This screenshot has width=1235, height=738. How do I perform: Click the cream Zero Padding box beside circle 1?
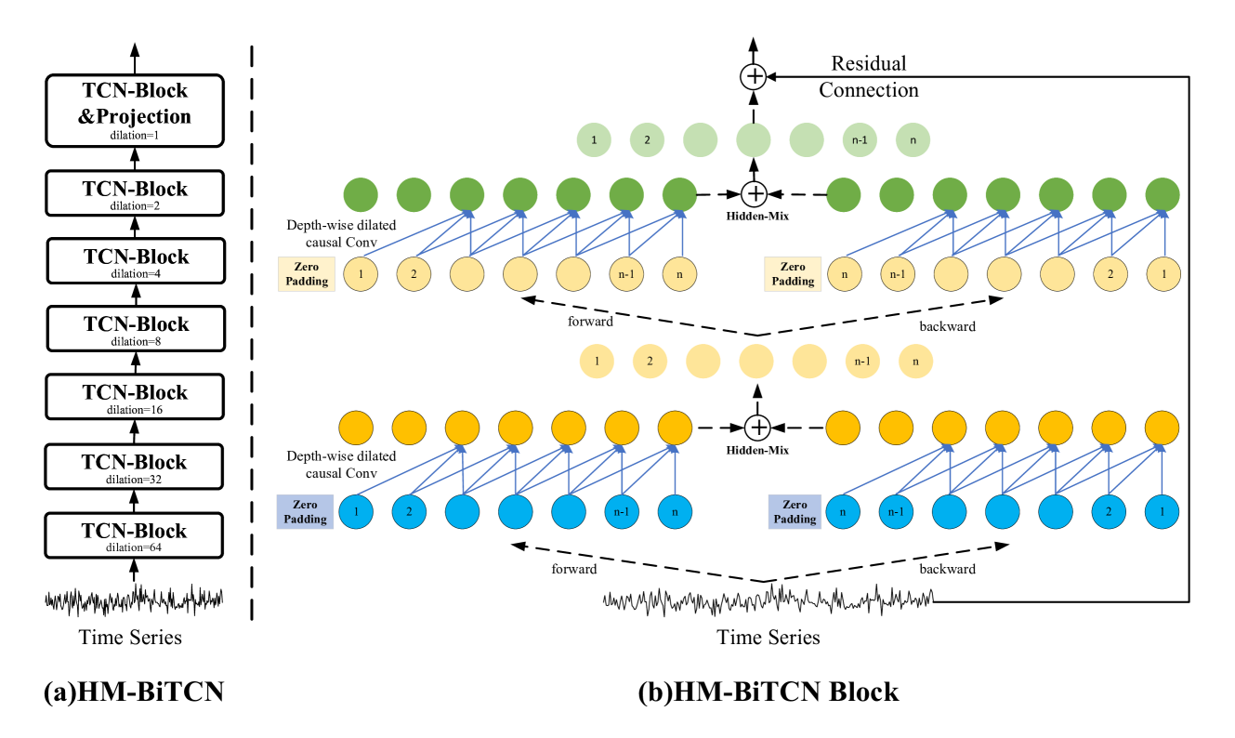pos(306,274)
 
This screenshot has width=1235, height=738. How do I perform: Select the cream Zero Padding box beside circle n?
pos(793,274)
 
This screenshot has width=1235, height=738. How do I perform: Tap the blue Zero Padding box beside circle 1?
pos(305,512)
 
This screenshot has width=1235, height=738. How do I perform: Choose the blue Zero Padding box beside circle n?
pos(795,512)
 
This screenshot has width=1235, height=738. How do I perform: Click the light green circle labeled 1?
pos(594,140)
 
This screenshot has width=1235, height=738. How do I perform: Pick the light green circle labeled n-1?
pos(860,140)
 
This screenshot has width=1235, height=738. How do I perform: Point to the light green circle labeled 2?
pos(647,140)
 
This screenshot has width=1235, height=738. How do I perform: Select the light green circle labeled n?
pos(913,140)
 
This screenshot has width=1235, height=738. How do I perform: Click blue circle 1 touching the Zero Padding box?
pos(356,512)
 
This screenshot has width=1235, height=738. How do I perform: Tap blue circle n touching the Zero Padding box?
pos(844,512)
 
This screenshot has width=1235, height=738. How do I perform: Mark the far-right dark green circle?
pos(1163,195)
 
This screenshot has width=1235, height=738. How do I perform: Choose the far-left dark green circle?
pos(361,195)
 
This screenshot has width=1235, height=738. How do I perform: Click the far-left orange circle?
pos(356,428)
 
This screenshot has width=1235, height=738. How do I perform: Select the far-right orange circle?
pos(1162,428)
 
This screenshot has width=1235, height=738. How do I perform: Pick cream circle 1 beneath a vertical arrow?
pos(1163,274)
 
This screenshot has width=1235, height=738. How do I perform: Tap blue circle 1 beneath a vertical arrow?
pos(1162,512)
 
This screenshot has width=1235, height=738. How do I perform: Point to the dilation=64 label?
pos(134,547)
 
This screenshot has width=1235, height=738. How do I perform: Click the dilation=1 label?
pos(134,135)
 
